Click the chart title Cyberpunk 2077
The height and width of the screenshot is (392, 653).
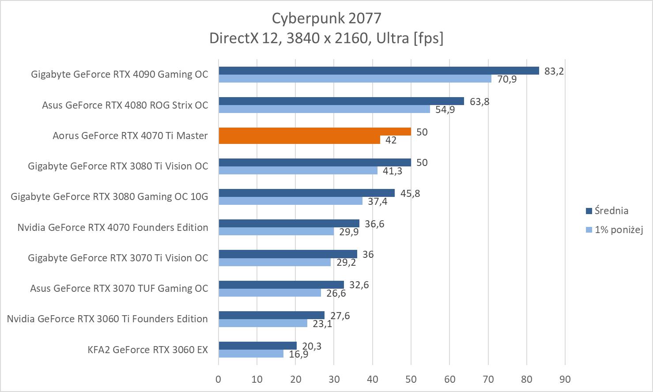click(x=326, y=18)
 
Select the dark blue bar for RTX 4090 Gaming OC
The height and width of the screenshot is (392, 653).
click(x=379, y=71)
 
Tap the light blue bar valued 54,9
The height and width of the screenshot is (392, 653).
click(x=324, y=109)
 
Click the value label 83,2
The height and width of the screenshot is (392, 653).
click(x=554, y=71)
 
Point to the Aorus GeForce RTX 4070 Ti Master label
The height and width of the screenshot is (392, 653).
click(x=130, y=136)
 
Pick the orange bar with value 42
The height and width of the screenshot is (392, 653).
click(x=299, y=140)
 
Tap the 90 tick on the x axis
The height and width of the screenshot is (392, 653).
click(x=565, y=379)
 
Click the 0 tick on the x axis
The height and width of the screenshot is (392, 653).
click(x=219, y=379)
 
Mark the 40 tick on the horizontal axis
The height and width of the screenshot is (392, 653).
click(x=372, y=379)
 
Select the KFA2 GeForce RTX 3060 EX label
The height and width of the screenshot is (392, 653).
click(x=147, y=350)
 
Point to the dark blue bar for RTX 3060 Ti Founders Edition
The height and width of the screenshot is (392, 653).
click(x=272, y=315)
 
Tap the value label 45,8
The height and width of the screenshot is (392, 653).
click(x=410, y=193)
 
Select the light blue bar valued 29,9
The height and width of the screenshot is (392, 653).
click(x=276, y=231)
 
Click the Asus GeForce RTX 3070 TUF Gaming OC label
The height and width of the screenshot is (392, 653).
click(x=119, y=288)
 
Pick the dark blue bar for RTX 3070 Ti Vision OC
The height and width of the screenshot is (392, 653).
click(x=288, y=254)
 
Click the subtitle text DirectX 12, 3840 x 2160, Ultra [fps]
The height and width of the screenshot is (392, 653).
click(x=326, y=38)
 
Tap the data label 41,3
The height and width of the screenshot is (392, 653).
click(x=393, y=171)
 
